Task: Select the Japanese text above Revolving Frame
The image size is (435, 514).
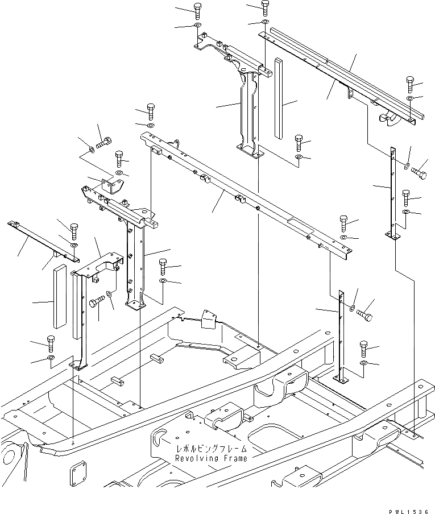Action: pos(212,449)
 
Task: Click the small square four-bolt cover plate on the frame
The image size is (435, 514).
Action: pos(77,469)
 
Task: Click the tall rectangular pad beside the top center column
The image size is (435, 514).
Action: pos(278,97)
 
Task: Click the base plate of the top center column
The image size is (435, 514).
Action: pos(250,152)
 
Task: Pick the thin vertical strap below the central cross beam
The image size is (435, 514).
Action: pos(342,335)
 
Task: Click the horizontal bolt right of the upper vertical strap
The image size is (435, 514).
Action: pos(421,170)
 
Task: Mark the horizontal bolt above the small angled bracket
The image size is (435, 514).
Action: pos(104,143)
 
